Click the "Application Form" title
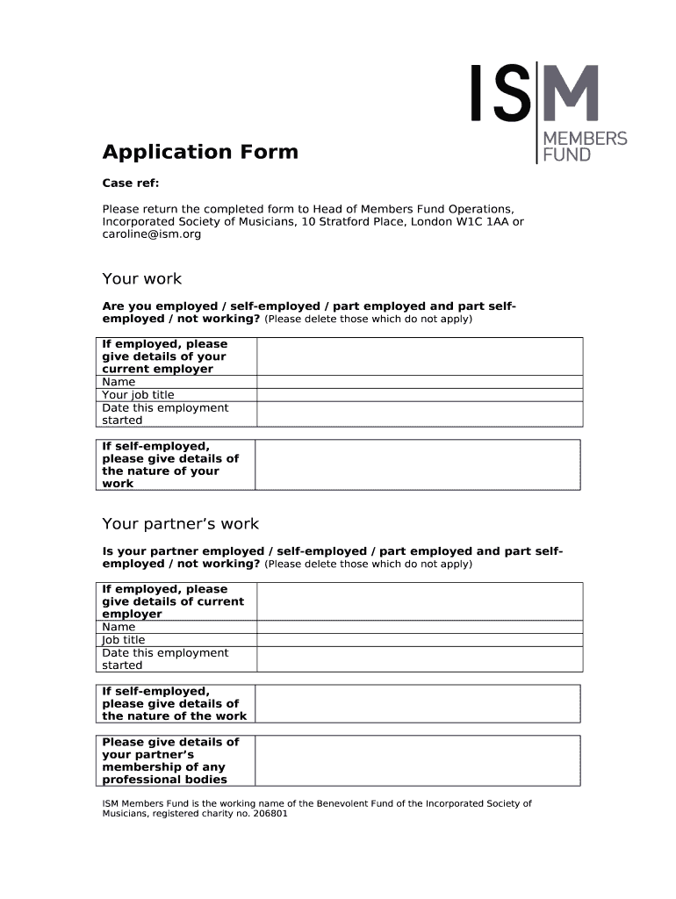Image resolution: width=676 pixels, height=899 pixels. pyautogui.click(x=200, y=152)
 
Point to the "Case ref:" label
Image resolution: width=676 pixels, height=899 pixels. pyautogui.click(x=131, y=183)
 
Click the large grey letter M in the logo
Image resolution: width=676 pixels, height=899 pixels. pyautogui.click(x=568, y=93)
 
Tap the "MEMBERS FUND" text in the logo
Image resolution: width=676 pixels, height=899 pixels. pyautogui.click(x=586, y=146)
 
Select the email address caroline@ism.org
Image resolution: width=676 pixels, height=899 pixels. pyautogui.click(x=151, y=234)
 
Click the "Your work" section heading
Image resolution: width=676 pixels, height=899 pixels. pyautogui.click(x=141, y=278)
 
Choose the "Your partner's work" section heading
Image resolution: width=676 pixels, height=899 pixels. pyautogui.click(x=180, y=523)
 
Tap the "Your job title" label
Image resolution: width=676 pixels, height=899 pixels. pyautogui.click(x=138, y=395)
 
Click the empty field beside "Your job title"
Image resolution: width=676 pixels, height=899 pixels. pyautogui.click(x=419, y=395)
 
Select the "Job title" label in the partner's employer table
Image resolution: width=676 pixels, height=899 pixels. pyautogui.click(x=124, y=640)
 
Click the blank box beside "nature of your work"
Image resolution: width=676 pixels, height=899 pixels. pyautogui.click(x=417, y=464)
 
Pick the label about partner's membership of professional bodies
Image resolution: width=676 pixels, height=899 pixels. pyautogui.click(x=170, y=760)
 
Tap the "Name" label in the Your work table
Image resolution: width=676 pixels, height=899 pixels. pyautogui.click(x=119, y=382)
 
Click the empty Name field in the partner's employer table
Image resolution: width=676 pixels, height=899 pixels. pyautogui.click(x=419, y=627)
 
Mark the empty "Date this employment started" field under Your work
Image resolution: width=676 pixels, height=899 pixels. pyautogui.click(x=419, y=414)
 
